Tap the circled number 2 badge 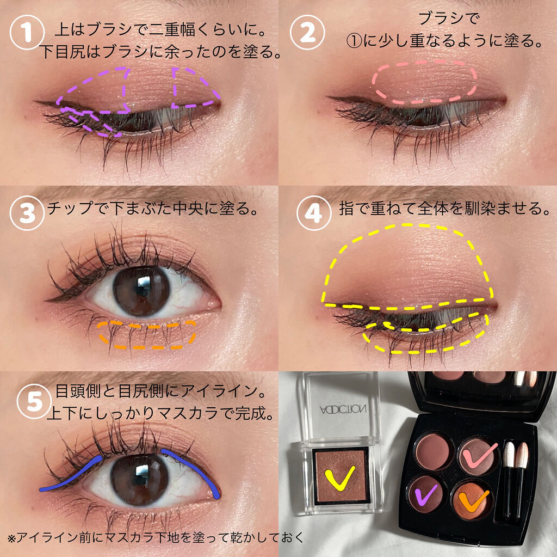click(x=308, y=32)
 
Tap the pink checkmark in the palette click(x=479, y=453)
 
